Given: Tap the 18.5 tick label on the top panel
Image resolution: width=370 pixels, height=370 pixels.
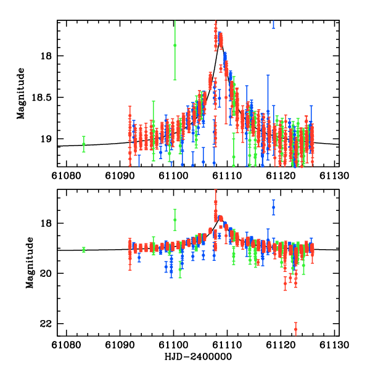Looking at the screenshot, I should [43, 97].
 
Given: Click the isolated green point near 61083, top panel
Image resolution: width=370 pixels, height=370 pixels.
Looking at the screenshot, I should [84, 144].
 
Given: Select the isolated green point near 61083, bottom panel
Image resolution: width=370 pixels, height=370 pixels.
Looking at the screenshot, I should [84, 250].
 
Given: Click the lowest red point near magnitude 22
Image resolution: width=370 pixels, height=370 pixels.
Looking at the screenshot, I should [296, 329].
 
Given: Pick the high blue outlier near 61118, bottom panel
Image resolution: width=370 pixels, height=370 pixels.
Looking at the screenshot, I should [273, 207].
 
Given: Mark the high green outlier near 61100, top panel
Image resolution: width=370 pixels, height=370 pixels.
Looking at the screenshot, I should [175, 45].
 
